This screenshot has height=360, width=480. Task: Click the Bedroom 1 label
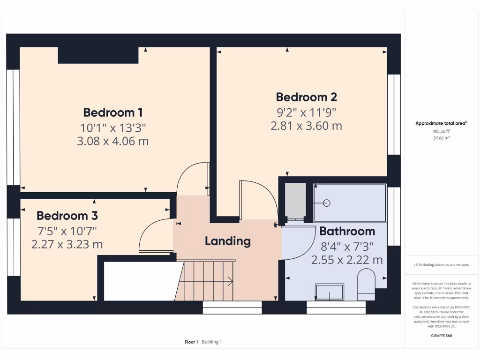tap(112, 112)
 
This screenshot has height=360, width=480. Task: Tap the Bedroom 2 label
tap(306, 97)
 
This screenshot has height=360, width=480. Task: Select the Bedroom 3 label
tap(67, 216)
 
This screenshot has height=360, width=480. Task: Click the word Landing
tap(227, 241)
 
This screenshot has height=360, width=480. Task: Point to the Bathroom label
tap(347, 231)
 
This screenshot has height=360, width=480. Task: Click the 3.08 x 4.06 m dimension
tap(112, 141)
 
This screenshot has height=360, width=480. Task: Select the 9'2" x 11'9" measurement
tap(306, 112)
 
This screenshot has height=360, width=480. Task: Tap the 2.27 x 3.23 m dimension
tap(67, 245)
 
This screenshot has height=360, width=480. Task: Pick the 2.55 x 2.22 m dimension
tap(347, 260)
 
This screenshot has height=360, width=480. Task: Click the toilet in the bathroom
tap(366, 283)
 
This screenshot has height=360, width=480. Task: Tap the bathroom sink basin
tap(330, 292)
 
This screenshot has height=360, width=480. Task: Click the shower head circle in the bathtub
tap(327, 203)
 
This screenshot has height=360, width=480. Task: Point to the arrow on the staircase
tap(230, 281)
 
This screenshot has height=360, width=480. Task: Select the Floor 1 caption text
tap(191, 342)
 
